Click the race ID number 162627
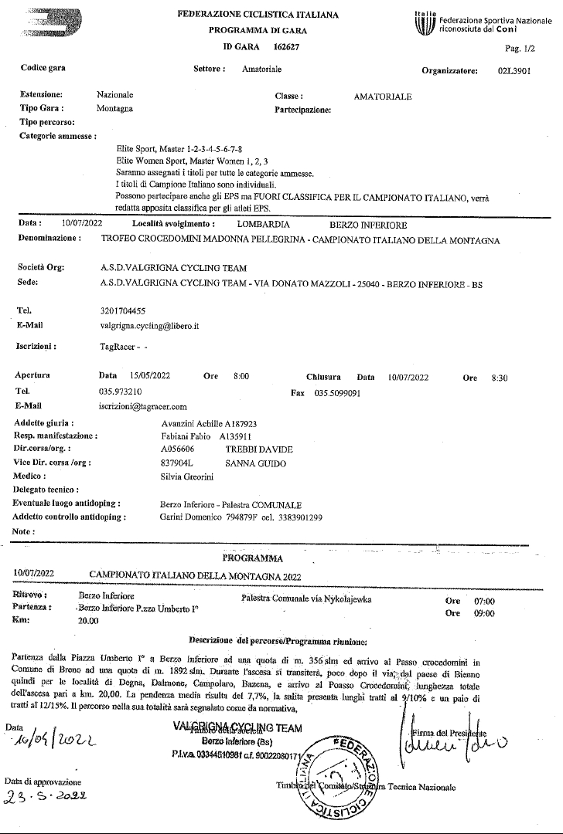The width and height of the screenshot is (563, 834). pyautogui.click(x=287, y=47)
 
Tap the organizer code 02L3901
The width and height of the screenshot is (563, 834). pyautogui.click(x=514, y=69)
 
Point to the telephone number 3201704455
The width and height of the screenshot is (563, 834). pyautogui.click(x=123, y=310)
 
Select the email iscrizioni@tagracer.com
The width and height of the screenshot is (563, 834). pyautogui.click(x=143, y=406)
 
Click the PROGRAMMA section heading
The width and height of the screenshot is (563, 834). pyautogui.click(x=252, y=558)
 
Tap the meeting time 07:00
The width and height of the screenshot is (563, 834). pyautogui.click(x=484, y=602)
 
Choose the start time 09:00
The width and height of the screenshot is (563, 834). pyautogui.click(x=484, y=614)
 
